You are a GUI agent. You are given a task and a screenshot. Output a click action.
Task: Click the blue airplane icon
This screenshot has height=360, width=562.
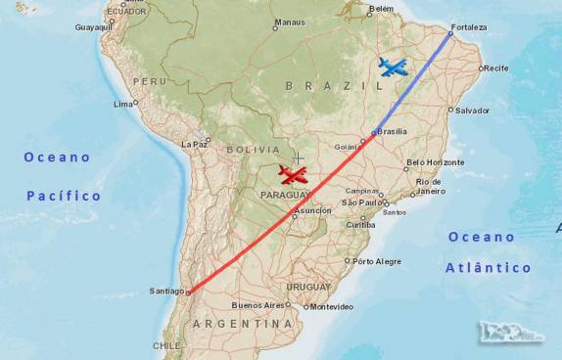tap(393, 67)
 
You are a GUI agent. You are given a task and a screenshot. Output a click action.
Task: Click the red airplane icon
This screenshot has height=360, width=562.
tap(292, 175)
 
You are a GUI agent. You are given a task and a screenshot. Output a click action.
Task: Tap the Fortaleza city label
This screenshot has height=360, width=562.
tap(469, 27)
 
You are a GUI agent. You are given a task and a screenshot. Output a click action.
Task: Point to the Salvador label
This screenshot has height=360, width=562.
tap(472, 111)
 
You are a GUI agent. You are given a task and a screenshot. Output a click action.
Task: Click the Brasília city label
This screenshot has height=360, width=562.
tap(393, 132)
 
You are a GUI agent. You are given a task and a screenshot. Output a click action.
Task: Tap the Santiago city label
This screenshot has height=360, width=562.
tap(166, 292)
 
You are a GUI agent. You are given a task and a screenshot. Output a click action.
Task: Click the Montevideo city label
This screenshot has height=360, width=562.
tap(331, 307)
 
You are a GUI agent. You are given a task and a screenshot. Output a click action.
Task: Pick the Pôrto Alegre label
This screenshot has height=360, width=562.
tap(377, 261)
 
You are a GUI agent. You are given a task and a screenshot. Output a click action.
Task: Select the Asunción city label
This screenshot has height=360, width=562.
tap(312, 210)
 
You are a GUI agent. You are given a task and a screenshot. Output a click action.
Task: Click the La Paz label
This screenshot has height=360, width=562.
tap(195, 144)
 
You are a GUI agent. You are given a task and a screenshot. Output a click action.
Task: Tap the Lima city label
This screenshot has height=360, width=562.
tap(123, 104)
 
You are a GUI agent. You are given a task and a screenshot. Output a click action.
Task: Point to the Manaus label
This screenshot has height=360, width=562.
tap(290, 22)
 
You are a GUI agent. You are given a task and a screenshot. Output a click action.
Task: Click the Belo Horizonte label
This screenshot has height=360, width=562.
tap(435, 162)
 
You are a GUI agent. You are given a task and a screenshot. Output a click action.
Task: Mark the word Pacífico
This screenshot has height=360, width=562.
tap(64, 196)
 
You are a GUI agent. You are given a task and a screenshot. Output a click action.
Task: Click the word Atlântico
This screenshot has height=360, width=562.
tap(489, 267)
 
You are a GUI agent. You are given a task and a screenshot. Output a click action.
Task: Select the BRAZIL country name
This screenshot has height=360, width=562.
tap(318, 86)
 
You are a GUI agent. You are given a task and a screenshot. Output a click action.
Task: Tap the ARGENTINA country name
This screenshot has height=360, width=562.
tap(242, 324)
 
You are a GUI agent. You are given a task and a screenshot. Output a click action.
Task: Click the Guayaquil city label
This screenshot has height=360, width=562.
tap(95, 27)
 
